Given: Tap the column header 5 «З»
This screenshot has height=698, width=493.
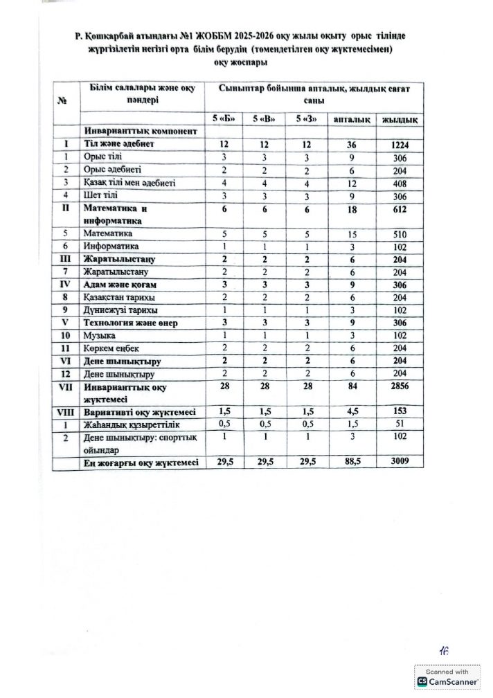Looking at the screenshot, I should [x=305, y=118].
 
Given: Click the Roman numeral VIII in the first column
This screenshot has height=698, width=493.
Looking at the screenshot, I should [x=66, y=411].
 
